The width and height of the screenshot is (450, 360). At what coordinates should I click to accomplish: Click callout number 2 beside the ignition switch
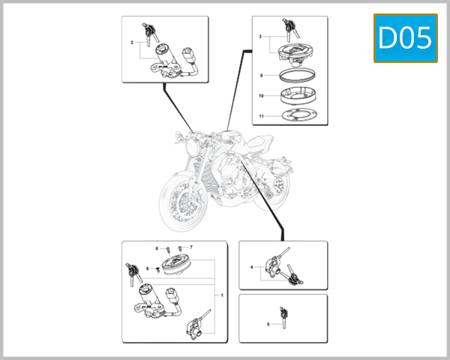[132, 43]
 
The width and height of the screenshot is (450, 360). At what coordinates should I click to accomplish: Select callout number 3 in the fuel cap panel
[260, 36]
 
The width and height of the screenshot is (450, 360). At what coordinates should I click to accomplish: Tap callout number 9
[260, 76]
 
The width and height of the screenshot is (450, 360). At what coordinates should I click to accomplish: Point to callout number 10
[260, 97]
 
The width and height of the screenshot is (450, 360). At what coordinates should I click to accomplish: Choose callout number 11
[260, 117]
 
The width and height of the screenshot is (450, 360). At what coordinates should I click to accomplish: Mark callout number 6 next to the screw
[157, 247]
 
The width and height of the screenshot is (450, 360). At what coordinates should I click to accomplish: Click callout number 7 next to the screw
[191, 247]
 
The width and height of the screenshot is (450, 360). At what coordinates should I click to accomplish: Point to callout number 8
[148, 268]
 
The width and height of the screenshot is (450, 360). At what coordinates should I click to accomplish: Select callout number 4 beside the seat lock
[252, 267]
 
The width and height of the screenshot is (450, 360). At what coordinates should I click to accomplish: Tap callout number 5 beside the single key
[268, 324]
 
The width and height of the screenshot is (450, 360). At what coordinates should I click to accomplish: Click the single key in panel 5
[283, 316]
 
